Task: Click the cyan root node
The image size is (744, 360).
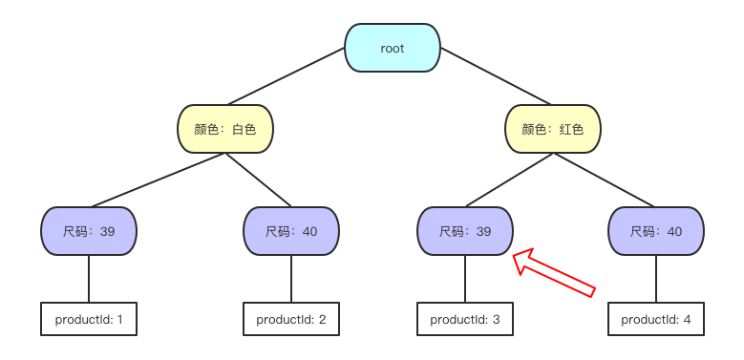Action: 393,49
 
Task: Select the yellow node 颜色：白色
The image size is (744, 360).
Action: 225,129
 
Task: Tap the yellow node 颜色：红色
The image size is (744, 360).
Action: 552,129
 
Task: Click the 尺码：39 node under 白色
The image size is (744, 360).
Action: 89,231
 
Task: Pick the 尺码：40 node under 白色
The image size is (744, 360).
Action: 291,231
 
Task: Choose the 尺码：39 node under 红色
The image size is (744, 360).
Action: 465,231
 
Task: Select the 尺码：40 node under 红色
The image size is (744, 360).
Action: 656,231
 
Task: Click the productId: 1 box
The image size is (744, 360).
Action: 89,319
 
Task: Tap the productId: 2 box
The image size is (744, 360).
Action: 291,319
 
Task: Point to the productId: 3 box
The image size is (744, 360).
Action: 465,319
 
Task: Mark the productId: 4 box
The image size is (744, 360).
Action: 656,319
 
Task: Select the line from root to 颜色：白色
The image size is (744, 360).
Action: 286,76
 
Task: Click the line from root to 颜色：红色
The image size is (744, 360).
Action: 496,76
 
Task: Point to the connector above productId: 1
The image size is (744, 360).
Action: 89,279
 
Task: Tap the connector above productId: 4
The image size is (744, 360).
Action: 656,279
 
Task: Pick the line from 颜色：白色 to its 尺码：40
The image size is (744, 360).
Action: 259,180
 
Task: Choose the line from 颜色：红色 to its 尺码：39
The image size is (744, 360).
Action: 508,180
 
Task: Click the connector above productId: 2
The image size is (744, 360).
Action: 291,279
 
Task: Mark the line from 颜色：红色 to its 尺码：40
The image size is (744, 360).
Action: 605,180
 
